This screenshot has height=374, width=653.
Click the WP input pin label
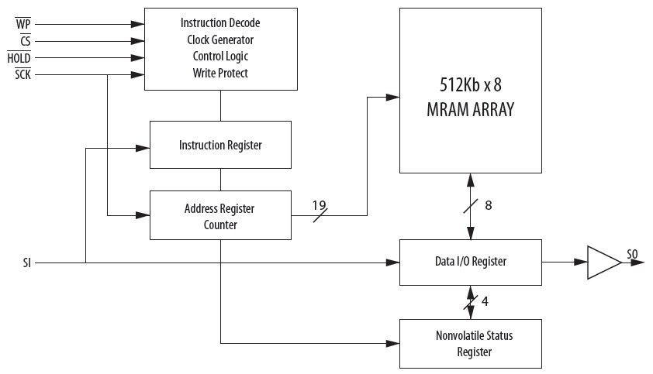tap(22, 23)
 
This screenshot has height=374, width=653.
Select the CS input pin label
tap(25, 40)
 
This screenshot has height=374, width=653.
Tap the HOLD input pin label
tap(19, 57)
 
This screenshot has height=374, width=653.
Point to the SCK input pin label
tap(22, 74)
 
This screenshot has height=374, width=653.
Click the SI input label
tap(28, 262)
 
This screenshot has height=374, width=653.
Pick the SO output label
tap(633, 254)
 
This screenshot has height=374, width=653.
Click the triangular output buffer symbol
tap(603, 262)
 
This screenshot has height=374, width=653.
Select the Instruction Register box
tap(220, 145)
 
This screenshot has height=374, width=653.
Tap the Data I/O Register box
tap(470, 262)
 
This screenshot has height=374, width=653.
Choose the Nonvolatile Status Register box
tap(470, 343)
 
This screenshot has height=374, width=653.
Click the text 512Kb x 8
tap(470, 84)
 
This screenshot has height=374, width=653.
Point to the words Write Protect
tap(220, 74)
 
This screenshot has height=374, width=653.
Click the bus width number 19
tap(320, 205)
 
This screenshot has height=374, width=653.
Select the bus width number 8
tap(488, 205)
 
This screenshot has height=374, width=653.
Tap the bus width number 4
tap(485, 301)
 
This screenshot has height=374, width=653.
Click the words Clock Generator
tap(220, 39)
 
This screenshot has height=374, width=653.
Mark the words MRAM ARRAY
tap(470, 109)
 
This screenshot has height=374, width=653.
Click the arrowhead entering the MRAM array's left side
tap(394, 97)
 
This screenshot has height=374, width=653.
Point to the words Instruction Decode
tap(220, 22)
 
